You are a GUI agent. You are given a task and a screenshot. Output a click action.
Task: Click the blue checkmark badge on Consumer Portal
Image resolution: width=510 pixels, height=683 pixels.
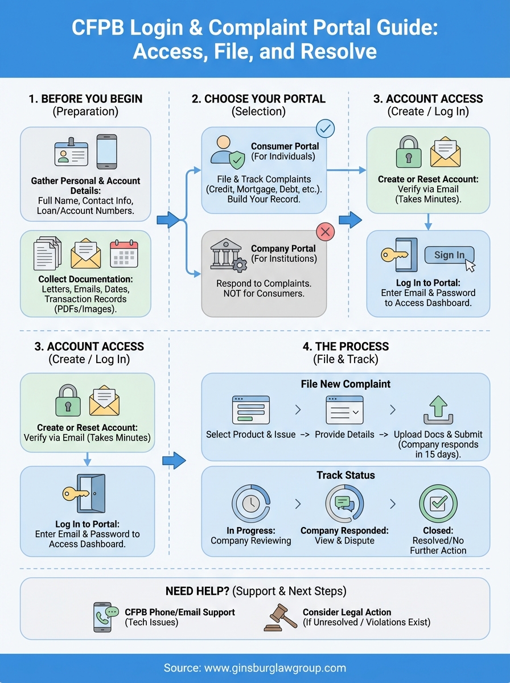pyautogui.click(x=325, y=129)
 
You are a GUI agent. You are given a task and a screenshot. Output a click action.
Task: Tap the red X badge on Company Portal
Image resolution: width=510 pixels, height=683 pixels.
pyautogui.click(x=325, y=232)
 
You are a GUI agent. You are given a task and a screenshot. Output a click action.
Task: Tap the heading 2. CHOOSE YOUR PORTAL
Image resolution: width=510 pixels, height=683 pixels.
pyautogui.click(x=258, y=98)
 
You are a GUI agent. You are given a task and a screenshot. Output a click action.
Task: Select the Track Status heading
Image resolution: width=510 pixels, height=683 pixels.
pyautogui.click(x=346, y=475)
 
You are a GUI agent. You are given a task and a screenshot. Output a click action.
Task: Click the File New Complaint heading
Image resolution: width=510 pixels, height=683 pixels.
pyautogui.click(x=346, y=384)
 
